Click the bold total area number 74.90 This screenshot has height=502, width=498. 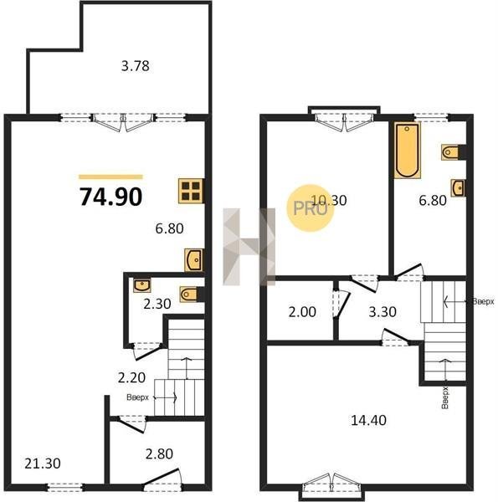click(x=110, y=197)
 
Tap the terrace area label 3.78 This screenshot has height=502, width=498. click(x=135, y=66)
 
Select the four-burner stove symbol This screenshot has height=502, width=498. click(x=191, y=191)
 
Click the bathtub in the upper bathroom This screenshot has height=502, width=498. click(x=407, y=151)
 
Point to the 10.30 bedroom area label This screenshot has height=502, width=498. click(x=329, y=201)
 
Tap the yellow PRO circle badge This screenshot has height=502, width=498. click(x=310, y=208)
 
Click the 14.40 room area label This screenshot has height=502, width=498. click(x=368, y=420)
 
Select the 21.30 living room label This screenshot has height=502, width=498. click(x=43, y=464)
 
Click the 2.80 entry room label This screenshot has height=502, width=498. click(x=159, y=453)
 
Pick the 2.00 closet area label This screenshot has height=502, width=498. click(x=302, y=311)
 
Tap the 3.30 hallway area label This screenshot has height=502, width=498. click(x=382, y=311)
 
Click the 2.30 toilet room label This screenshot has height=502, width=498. click(x=157, y=304)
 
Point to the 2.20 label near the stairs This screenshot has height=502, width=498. click(x=131, y=378)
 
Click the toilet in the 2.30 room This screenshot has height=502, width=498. click(x=189, y=295)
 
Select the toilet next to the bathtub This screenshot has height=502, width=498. click(x=450, y=152)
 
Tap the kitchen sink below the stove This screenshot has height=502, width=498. click(x=193, y=260)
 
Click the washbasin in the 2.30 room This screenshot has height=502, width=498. click(x=142, y=285)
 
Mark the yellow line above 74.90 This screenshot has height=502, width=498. click(x=110, y=177)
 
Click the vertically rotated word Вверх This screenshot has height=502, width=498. click(x=444, y=397)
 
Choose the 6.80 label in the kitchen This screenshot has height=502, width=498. click(x=169, y=228)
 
